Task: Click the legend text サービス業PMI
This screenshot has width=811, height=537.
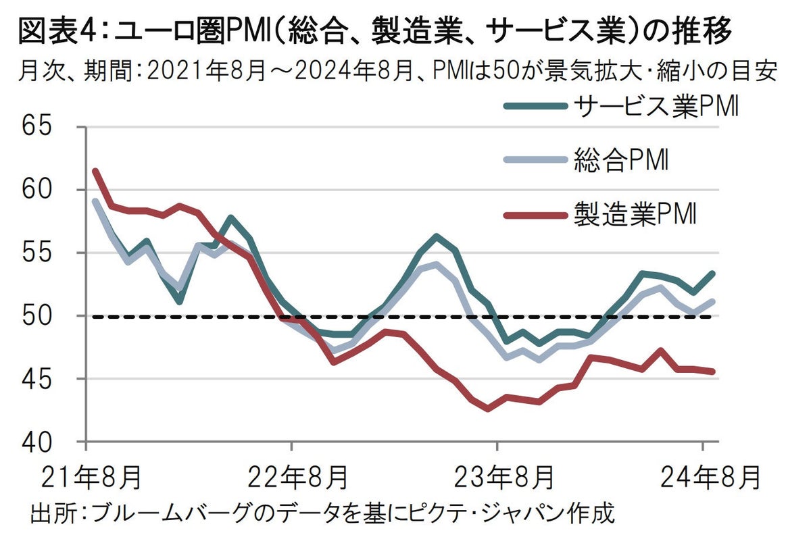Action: click(655, 107)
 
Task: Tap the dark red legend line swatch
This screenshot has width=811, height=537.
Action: click(534, 216)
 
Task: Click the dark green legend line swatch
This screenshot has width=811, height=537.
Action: click(534, 107)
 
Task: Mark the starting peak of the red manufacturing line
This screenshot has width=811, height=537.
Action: click(95, 171)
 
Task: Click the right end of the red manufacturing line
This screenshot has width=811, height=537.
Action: click(713, 371)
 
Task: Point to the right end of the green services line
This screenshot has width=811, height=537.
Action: click(713, 274)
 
